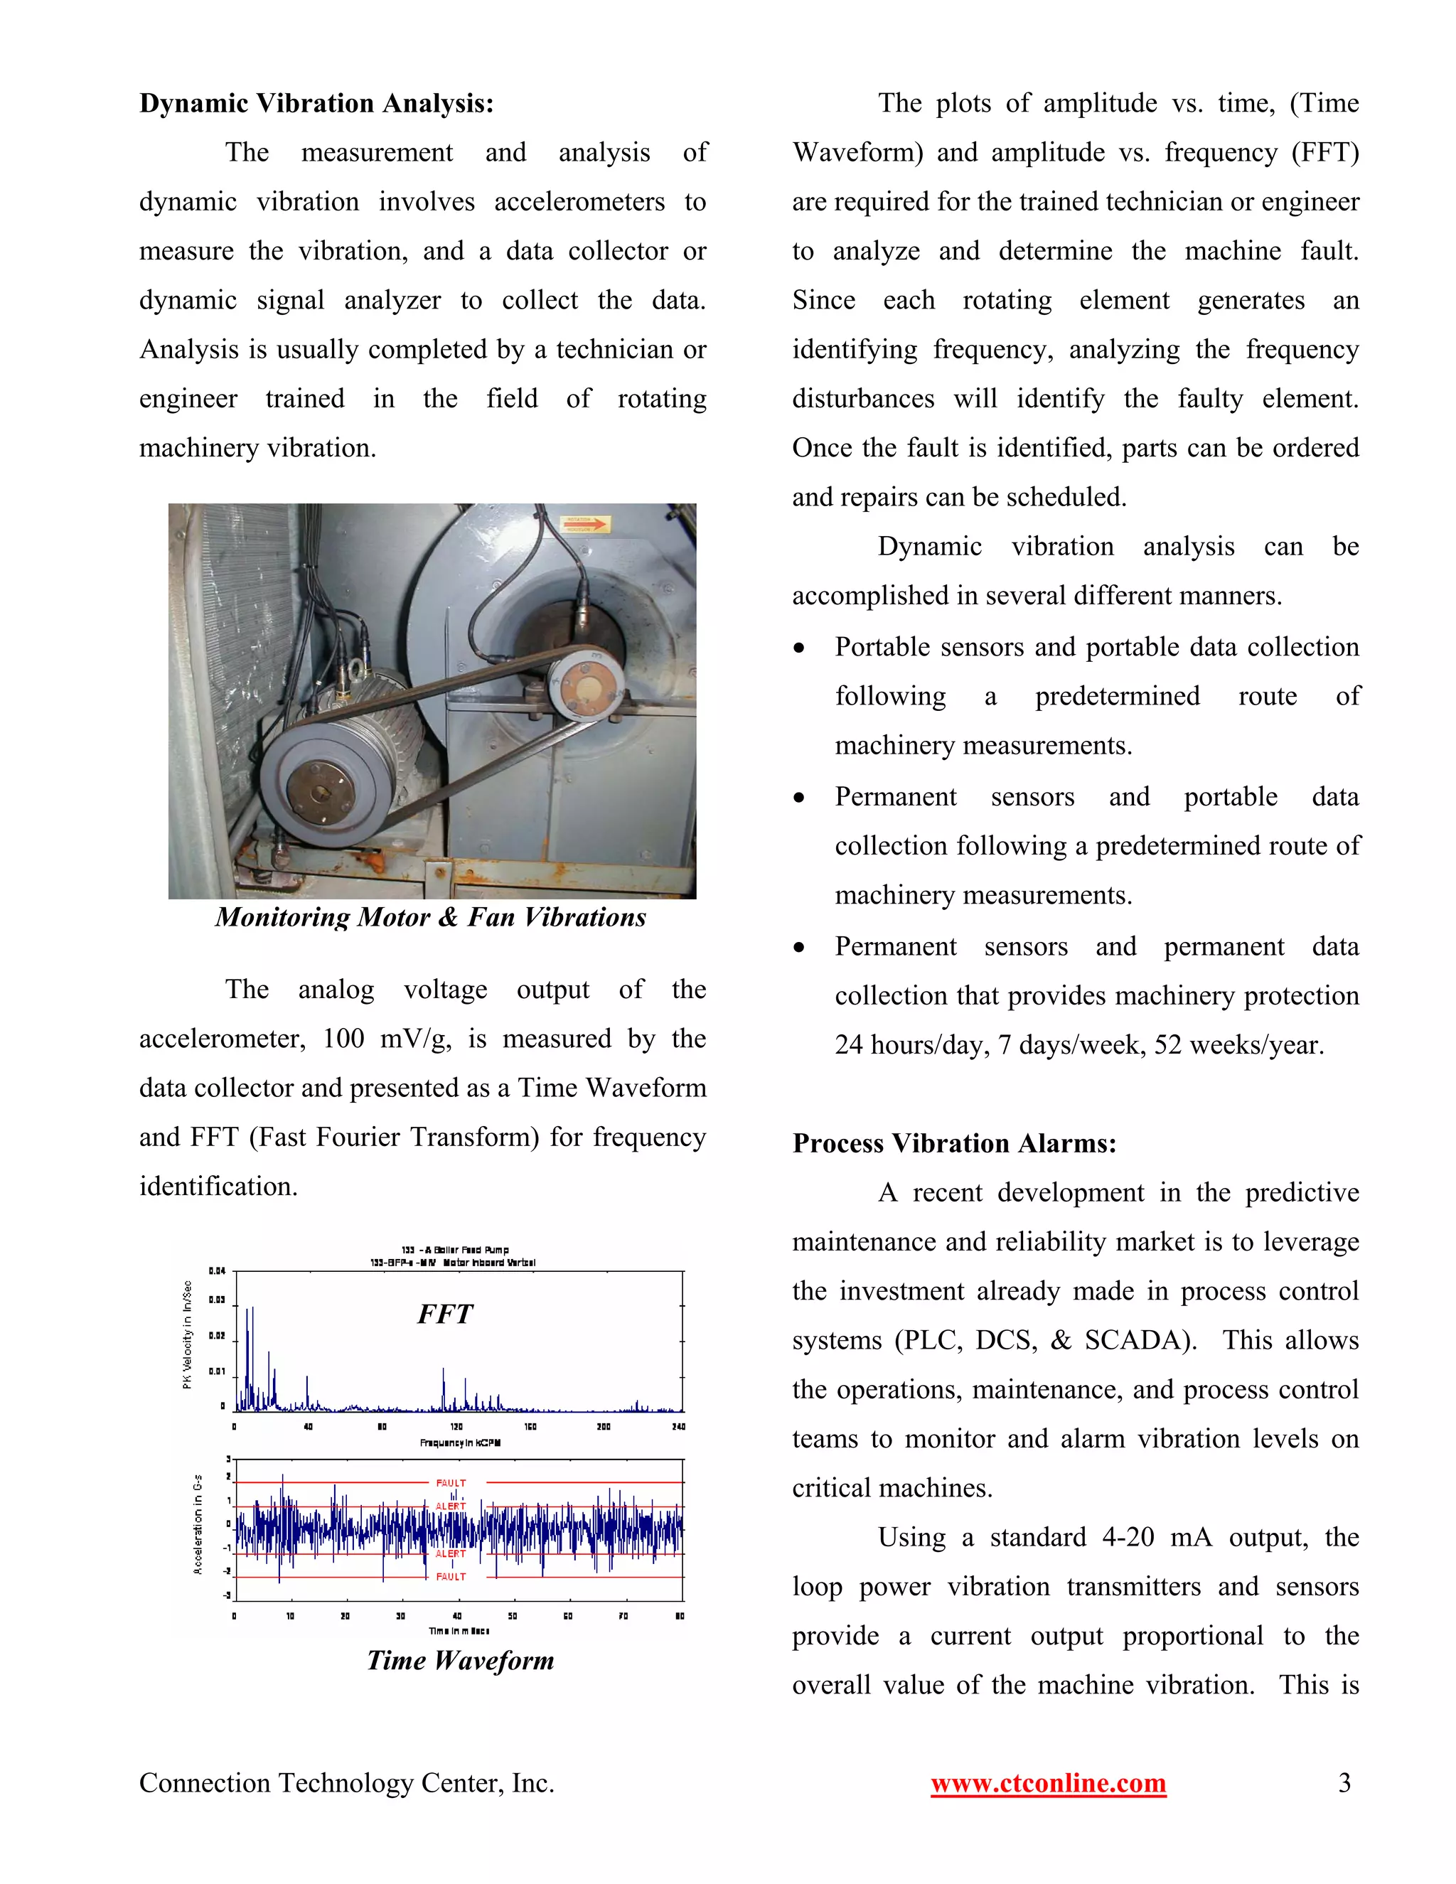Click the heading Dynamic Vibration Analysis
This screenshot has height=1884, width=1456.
[316, 104]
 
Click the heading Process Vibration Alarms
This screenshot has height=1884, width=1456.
[954, 1144]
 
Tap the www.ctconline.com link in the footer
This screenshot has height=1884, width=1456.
[1048, 1783]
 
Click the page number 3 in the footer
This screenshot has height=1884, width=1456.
[1344, 1783]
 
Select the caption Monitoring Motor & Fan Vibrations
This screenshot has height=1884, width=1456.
[430, 918]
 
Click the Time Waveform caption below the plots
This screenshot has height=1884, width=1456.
[460, 1661]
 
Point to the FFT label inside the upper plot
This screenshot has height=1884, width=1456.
[445, 1314]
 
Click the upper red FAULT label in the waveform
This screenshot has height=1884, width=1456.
[451, 1483]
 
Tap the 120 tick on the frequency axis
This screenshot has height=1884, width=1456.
[456, 1427]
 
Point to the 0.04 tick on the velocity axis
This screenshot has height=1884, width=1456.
[217, 1270]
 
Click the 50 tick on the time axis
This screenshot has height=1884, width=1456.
[513, 1616]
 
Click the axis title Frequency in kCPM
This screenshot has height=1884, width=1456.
[460, 1443]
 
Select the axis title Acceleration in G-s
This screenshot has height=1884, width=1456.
[198, 1524]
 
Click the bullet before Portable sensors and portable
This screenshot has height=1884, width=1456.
[800, 648]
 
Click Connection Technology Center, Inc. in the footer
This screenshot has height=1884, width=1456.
[347, 1783]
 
